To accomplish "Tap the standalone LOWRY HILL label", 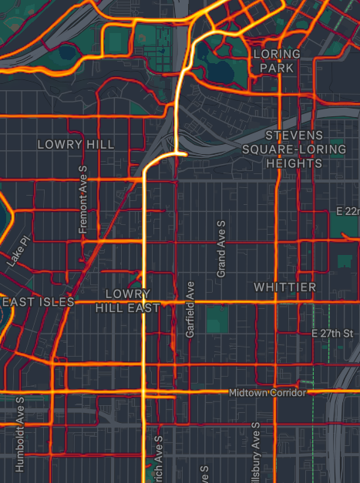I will click(x=76, y=145).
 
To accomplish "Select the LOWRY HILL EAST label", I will click(x=127, y=301).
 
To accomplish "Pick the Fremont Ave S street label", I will click(x=84, y=199).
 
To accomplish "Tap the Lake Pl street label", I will click(x=18, y=252).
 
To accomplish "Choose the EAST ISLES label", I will click(x=37, y=302).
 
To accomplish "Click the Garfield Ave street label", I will click(x=190, y=309).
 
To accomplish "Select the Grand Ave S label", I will click(x=221, y=248).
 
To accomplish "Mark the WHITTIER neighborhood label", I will click(x=284, y=287).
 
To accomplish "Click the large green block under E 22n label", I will click(x=347, y=253).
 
